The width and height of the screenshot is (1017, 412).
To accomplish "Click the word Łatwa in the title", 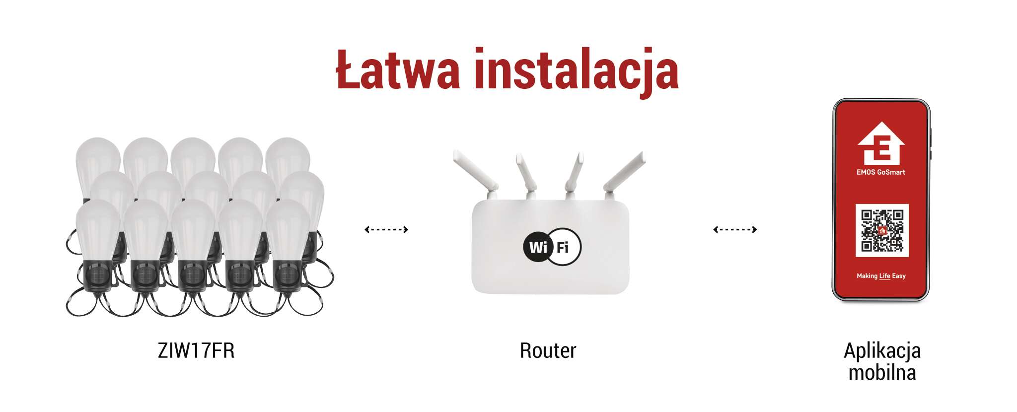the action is click(x=398, y=69).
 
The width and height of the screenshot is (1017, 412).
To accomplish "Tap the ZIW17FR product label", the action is click(x=196, y=350).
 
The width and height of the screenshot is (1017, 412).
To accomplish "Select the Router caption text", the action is click(x=548, y=350).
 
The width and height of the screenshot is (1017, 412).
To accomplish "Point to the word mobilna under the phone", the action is click(x=882, y=372).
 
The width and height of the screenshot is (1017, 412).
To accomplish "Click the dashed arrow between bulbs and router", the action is click(x=386, y=229).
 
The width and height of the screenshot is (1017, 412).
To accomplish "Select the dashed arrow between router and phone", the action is click(x=735, y=229).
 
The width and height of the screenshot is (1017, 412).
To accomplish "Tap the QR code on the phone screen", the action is click(x=882, y=230).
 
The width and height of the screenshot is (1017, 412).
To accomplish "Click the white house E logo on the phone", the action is click(x=881, y=143).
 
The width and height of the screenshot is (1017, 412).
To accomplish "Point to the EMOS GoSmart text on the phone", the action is click(x=881, y=172).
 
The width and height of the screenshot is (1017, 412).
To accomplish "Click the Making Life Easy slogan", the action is click(x=881, y=276).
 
